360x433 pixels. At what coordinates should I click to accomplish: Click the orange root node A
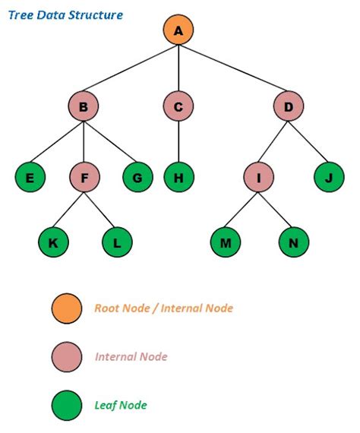coord(178,30)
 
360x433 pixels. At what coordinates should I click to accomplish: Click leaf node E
coord(30,178)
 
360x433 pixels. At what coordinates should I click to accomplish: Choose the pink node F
coord(84,178)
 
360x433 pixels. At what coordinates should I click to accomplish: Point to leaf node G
coord(137,178)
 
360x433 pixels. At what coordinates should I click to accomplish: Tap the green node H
coord(178,178)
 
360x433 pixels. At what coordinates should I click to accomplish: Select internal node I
coord(260,178)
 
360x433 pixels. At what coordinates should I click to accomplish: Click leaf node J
coord(328,178)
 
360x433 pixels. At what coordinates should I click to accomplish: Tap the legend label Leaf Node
coord(121,405)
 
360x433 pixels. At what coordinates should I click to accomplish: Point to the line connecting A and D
coord(234,68)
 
